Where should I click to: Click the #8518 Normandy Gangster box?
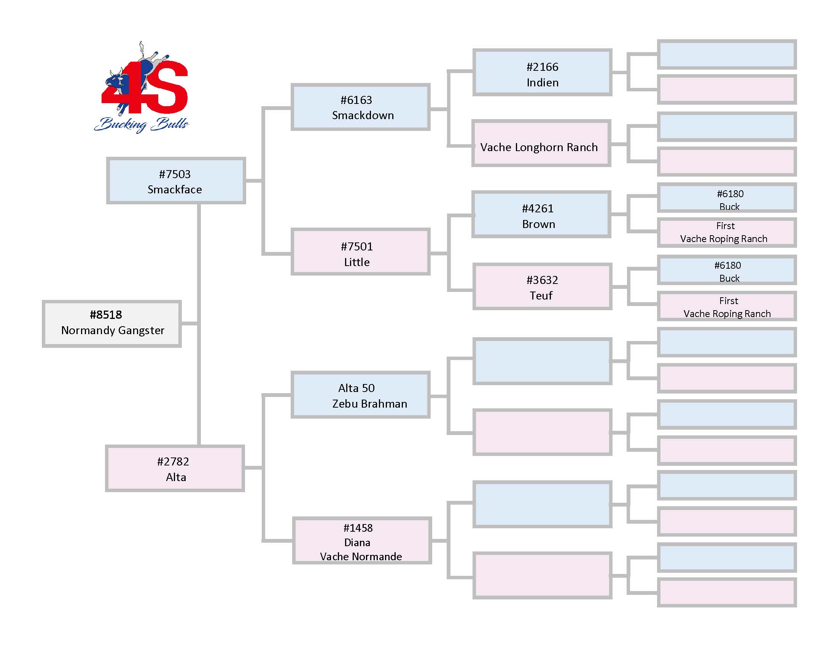(111, 324)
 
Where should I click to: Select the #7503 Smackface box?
(176, 180)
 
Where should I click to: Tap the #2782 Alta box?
(175, 469)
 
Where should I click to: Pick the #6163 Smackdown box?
(360, 107)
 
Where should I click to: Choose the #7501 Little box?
(360, 252)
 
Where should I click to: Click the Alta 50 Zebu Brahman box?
(360, 395)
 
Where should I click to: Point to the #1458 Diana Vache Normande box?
(362, 541)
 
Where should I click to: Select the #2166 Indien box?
(542, 72)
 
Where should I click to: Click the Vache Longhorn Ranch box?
(541, 144)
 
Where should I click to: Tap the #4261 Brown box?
(541, 215)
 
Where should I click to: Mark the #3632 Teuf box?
(542, 287)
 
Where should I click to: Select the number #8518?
(106, 315)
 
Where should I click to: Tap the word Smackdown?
(363, 115)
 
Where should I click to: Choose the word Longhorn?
(538, 148)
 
